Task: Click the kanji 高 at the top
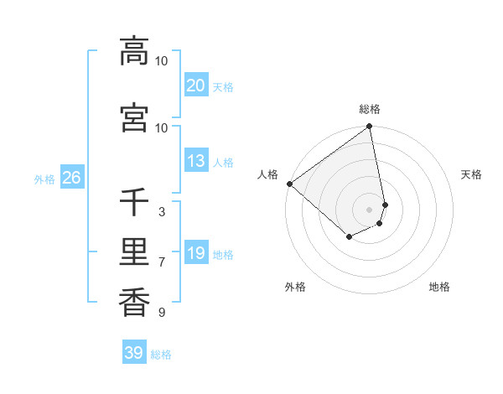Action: pos(134,51)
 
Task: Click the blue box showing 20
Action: pos(195,86)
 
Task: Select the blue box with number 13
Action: pos(195,161)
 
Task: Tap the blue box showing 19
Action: pos(195,253)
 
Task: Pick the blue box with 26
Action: pos(71,178)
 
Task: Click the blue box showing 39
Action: pos(133,353)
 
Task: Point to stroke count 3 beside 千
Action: pos(161,212)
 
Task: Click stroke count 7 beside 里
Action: pos(161,262)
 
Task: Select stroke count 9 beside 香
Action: pos(161,313)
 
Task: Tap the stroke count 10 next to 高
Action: pos(161,61)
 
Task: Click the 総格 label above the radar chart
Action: pos(370,109)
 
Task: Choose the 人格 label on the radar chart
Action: pos(267,174)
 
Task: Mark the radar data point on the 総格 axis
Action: pos(369,127)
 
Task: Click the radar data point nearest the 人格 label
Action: pos(289,184)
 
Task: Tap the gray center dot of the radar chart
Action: pos(369,209)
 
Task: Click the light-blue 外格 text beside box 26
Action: pos(44,179)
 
